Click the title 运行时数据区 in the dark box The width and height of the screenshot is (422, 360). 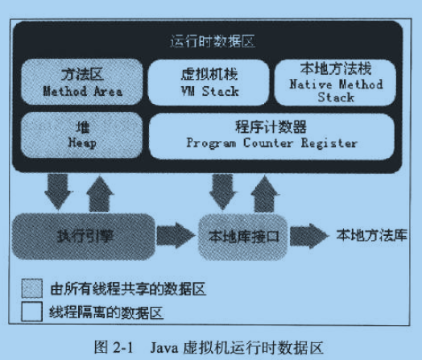coord(213,41)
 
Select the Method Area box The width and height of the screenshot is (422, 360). coord(82,82)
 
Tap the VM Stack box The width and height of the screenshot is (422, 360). coord(209,82)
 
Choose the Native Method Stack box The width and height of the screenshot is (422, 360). coord(335,82)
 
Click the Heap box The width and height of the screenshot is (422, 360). coord(82,135)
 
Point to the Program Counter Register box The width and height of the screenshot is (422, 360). coord(272,136)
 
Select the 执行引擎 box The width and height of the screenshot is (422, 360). coord(84,237)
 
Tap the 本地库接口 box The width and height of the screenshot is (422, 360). coord(243,237)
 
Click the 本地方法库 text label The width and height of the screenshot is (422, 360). coord(371,235)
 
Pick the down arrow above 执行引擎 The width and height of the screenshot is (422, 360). coord(58,192)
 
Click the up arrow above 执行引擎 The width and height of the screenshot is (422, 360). coord(100,194)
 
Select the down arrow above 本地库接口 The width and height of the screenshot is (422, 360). coord(222,192)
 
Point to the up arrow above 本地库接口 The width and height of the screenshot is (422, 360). coord(265,194)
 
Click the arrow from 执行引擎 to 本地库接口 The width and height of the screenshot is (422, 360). coord(176,235)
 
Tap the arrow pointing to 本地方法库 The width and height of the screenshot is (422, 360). coord(309,236)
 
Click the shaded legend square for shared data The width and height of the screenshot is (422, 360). coord(31,288)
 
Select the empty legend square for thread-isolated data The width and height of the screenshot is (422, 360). coord(31,312)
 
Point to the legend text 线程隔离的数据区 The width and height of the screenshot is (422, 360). coord(106,312)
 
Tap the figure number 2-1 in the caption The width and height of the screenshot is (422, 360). coord(123,347)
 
